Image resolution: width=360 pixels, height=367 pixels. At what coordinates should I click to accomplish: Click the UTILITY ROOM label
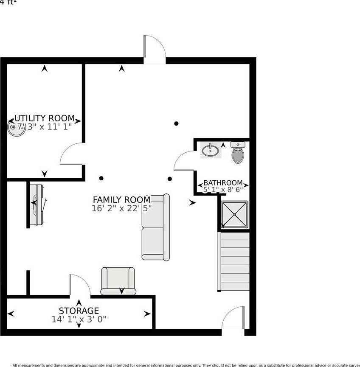[x=45, y=118]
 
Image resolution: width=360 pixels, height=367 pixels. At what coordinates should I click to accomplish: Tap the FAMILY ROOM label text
[x=121, y=199]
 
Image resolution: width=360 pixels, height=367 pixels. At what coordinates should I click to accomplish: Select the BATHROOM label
[x=223, y=183]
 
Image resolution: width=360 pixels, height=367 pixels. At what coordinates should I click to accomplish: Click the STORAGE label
[x=79, y=311]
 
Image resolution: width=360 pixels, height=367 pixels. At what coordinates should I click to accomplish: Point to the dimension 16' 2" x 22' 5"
[x=121, y=208]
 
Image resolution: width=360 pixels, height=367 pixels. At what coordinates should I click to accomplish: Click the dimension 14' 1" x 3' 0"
[x=79, y=319]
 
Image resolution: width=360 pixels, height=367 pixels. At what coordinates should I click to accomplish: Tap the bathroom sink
[x=211, y=150]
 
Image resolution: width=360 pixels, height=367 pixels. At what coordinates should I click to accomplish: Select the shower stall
[x=233, y=215]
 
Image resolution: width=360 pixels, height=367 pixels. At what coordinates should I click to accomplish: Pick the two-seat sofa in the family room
[x=155, y=227]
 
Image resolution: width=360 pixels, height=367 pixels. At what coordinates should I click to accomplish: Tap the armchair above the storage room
[x=118, y=281]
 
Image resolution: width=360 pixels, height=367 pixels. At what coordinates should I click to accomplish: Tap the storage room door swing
[x=80, y=285]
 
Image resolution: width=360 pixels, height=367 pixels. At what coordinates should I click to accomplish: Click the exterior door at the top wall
[x=154, y=49]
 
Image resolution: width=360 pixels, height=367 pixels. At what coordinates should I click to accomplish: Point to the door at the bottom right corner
[x=233, y=319]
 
